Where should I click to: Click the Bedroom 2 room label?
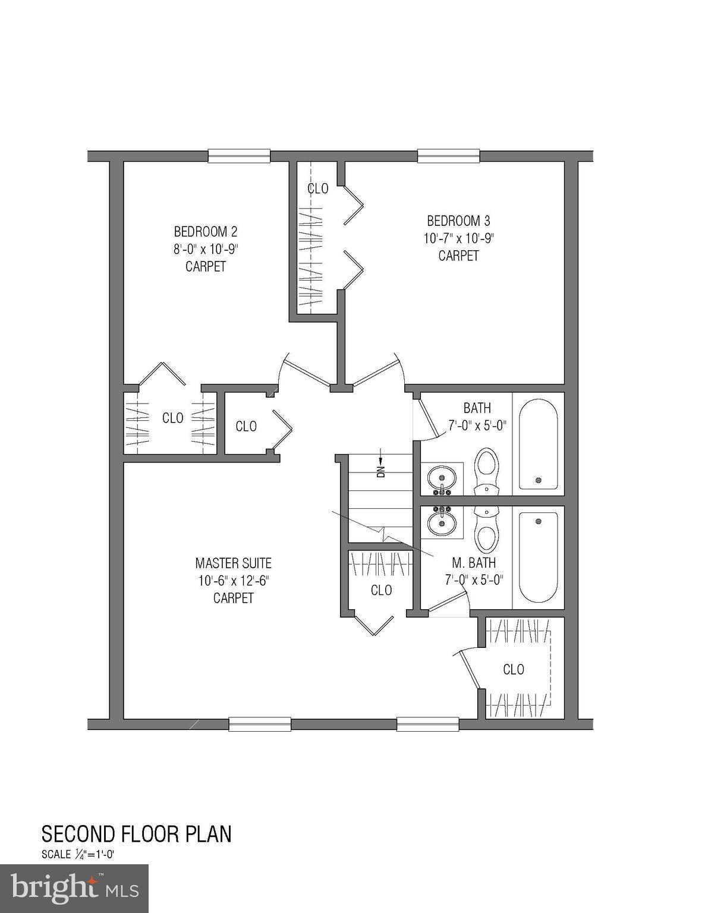[205, 231]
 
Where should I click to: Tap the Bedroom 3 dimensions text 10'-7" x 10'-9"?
[458, 238]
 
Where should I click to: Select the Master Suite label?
[233, 563]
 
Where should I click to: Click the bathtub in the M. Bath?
[538, 557]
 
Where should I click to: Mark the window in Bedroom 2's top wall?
[239, 156]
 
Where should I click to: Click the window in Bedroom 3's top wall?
[448, 156]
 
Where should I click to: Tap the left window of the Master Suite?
[260, 724]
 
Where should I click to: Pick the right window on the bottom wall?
[427, 724]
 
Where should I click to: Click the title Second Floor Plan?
[136, 834]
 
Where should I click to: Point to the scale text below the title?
[77, 855]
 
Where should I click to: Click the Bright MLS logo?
[74, 889]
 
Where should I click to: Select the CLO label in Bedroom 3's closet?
[317, 188]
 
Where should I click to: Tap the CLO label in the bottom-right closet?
[513, 669]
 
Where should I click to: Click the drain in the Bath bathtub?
[539, 480]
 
